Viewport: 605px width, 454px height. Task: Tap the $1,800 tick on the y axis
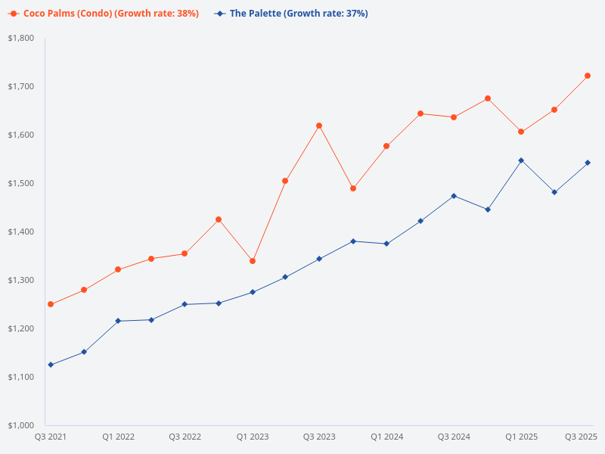[x=21, y=38]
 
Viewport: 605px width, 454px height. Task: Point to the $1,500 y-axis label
[x=21, y=183]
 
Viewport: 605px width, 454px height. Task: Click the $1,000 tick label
[x=21, y=425]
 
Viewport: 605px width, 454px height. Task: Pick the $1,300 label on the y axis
[x=21, y=280]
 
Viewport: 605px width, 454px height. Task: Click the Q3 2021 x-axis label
[x=51, y=437]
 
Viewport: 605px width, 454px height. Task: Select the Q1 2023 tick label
[x=253, y=437]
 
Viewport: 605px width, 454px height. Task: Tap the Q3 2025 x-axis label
[x=582, y=437]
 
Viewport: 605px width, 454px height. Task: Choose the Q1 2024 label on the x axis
[x=386, y=437]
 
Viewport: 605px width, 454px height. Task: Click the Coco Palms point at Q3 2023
[x=319, y=126]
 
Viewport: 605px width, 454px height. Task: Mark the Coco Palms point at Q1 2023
[x=253, y=261]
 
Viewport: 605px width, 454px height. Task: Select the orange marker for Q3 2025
[x=588, y=76]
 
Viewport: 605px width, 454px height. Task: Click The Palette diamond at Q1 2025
[x=521, y=160]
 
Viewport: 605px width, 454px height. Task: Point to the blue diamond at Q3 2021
[x=51, y=365]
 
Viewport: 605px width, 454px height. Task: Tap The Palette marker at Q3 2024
[x=454, y=196]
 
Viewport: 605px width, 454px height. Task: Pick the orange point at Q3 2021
[x=51, y=304]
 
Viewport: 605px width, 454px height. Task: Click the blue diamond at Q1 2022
[x=118, y=321]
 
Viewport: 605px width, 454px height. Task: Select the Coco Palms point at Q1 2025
[x=521, y=132]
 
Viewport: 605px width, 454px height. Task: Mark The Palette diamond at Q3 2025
[x=588, y=163]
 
